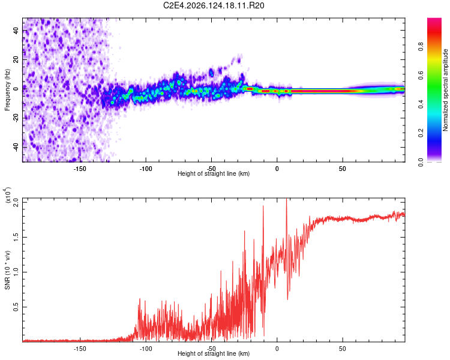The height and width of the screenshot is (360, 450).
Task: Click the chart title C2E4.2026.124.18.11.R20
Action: click(214, 5)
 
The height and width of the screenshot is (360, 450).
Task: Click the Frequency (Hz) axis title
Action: click(7, 90)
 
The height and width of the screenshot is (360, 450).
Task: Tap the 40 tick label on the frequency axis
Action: click(16, 30)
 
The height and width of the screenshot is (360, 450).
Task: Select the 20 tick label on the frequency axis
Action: click(16, 59)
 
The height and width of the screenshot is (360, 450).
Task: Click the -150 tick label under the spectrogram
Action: click(80, 169)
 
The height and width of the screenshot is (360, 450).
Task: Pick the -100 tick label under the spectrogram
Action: click(146, 169)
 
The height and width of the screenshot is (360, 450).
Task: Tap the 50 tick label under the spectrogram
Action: click(343, 169)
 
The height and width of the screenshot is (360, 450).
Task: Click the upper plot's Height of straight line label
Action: click(214, 173)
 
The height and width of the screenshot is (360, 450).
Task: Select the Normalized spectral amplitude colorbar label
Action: click(445, 90)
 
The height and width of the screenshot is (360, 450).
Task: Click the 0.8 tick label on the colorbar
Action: click(421, 46)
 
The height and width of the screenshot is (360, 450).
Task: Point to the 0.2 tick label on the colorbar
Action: click(421, 133)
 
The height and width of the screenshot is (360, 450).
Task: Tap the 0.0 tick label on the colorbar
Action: click(421, 162)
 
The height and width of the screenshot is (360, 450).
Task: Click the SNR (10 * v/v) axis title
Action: click(7, 270)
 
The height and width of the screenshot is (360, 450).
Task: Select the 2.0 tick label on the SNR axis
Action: click(16, 203)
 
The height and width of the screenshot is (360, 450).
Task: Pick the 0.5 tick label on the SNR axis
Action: click(16, 307)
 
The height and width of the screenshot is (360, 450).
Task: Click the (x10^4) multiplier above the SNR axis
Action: click(8, 195)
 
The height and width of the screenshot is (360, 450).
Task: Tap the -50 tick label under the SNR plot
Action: click(211, 349)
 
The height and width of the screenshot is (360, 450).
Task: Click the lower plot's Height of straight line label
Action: click(214, 353)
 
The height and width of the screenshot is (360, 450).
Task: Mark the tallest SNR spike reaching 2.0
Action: click(286, 200)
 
